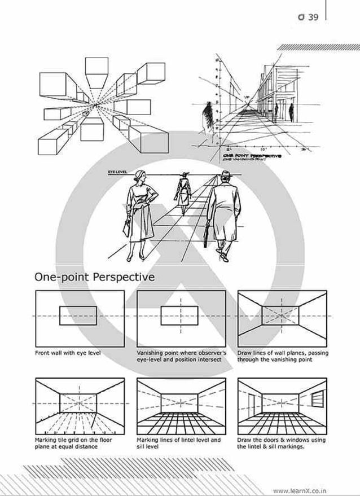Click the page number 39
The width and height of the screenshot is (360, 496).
pos(314,17)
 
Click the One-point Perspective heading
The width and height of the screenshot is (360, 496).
pos(95,277)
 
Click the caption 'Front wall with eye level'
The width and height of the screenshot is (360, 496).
pos(68,353)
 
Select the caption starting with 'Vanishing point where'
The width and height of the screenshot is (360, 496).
pos(181,356)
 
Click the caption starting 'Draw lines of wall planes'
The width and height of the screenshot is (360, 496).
pos(282,356)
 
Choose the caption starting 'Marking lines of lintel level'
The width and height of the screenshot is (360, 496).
pos(178,443)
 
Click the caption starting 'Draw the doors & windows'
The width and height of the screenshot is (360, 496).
pos(280,443)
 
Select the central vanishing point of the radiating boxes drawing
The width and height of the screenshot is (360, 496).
pos(95,106)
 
